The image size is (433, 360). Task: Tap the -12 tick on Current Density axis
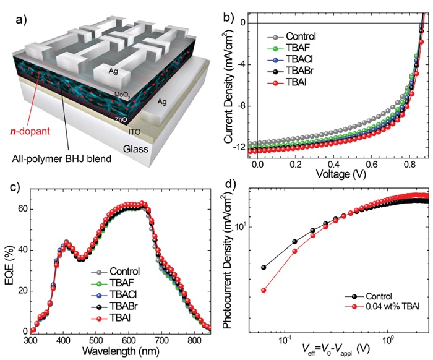[x=244, y=148]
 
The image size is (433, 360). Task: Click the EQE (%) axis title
[x=11, y=259]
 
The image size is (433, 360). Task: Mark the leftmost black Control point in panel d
[x=264, y=267]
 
